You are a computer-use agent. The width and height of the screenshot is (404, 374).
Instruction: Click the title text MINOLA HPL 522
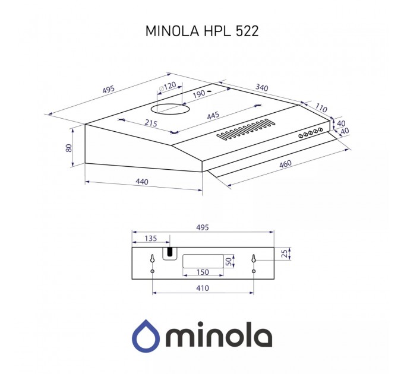click(201, 31)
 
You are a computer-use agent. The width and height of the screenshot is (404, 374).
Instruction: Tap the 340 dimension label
click(261, 88)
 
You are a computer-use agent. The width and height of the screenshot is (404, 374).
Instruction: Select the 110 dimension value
click(321, 109)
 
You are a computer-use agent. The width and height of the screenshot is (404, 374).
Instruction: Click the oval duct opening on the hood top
click(169, 109)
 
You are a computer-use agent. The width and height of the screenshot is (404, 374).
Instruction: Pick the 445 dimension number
click(213, 116)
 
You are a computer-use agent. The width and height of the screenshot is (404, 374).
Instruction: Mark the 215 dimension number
click(150, 123)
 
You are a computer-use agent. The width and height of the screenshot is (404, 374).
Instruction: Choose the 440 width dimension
click(141, 182)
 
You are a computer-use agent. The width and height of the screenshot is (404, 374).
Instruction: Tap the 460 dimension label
click(286, 164)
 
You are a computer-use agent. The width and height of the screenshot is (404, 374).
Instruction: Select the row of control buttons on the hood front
click(311, 132)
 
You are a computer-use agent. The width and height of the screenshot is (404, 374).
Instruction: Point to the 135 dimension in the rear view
click(150, 239)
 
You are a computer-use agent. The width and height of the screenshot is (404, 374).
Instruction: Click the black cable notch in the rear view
click(171, 253)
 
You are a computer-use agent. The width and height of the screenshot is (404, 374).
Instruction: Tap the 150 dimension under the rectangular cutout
click(203, 272)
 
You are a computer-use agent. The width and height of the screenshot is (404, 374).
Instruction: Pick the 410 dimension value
click(202, 289)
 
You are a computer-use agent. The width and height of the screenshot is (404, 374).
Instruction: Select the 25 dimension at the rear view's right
click(284, 254)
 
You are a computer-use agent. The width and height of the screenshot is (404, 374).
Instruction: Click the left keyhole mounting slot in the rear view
click(153, 259)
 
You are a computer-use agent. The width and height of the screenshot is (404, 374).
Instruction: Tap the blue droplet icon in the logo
click(145, 335)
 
